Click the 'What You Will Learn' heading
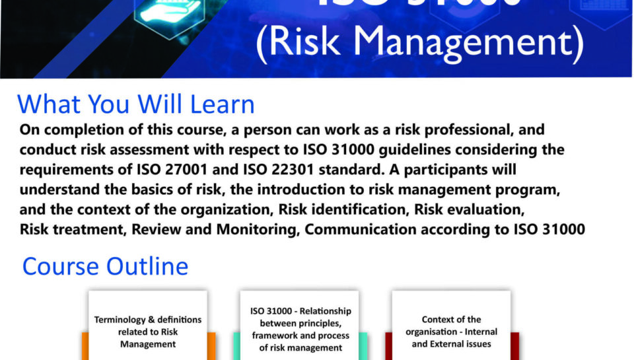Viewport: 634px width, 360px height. (136, 104)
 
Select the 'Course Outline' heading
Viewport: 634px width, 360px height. (105, 266)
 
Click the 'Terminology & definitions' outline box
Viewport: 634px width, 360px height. (147, 330)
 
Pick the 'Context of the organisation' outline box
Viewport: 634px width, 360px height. (451, 331)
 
